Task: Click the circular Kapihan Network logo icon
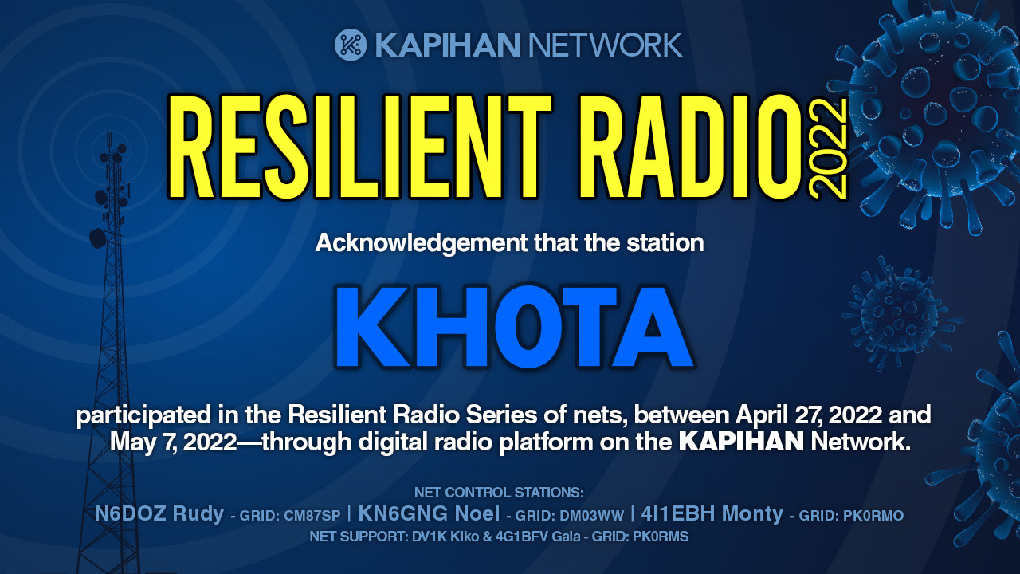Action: [351, 45]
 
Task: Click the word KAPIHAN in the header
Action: [448, 45]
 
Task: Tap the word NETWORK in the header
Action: [605, 45]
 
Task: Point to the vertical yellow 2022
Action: [828, 149]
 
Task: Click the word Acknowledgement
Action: [422, 243]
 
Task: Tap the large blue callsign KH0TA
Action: [515, 327]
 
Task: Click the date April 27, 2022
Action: [809, 415]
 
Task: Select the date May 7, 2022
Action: [173, 442]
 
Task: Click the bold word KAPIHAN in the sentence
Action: [741, 442]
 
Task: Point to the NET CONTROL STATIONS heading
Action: [499, 493]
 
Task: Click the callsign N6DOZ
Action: [130, 514]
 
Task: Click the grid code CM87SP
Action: [312, 516]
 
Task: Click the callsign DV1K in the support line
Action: [429, 537]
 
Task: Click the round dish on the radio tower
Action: [97, 238]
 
